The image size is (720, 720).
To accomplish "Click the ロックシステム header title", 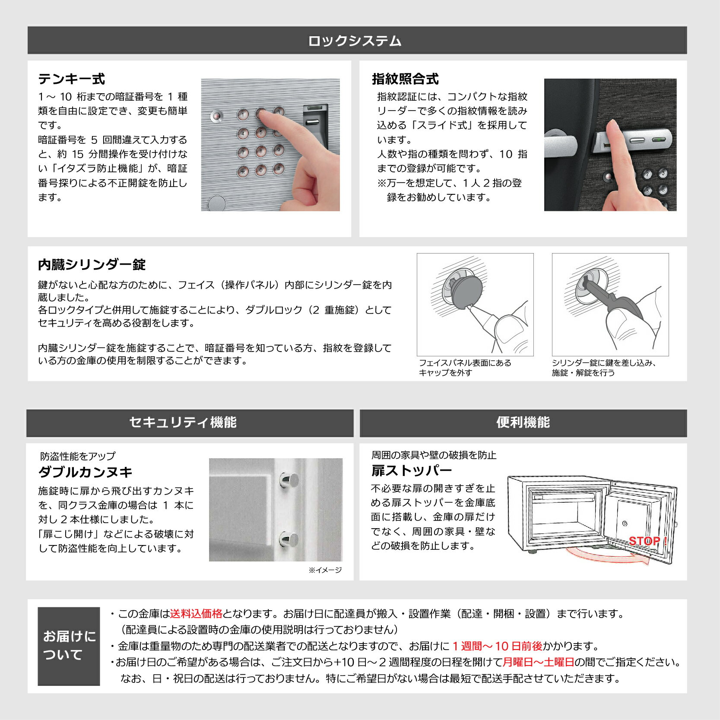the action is (355, 41).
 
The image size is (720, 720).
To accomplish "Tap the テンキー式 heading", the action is (71, 79).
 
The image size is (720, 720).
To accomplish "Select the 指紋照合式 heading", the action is (405, 79).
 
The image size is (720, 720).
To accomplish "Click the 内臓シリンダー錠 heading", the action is (92, 265).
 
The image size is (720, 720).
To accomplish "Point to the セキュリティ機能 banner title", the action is (183, 422).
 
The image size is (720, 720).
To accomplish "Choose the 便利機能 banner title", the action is (523, 422).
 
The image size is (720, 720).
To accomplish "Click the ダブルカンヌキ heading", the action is (85, 472).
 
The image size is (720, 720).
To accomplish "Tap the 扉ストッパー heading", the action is (412, 470).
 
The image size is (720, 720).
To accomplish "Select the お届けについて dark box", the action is (69, 646).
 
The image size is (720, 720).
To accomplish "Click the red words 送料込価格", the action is (196, 614).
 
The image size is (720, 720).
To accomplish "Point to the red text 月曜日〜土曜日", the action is (539, 662).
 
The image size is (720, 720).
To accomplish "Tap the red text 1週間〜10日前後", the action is (497, 646).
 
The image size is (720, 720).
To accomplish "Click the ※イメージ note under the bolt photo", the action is (325, 570).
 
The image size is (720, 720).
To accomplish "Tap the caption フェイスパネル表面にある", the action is (465, 363).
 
